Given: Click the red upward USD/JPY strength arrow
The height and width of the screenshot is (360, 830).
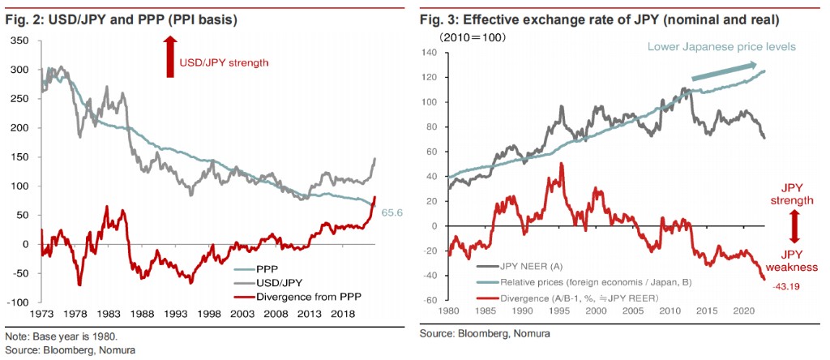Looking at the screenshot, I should pyautogui.click(x=170, y=62).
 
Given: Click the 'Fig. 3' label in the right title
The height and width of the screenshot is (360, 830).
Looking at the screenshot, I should pyautogui.click(x=439, y=18).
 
